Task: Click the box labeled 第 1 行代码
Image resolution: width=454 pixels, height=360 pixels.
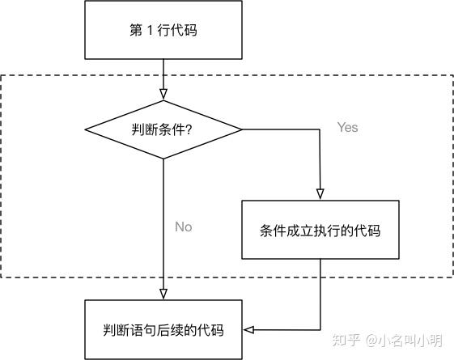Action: pyautogui.click(x=163, y=30)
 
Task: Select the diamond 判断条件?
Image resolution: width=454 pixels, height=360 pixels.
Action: pyautogui.click(x=163, y=129)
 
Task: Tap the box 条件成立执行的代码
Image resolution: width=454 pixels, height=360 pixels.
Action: pyautogui.click(x=320, y=230)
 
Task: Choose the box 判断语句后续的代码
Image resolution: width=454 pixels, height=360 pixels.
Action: pyautogui.click(x=163, y=329)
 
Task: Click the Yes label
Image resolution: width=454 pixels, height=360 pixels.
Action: pyautogui.click(x=347, y=127)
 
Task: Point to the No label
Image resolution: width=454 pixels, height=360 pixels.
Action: pyautogui.click(x=184, y=227)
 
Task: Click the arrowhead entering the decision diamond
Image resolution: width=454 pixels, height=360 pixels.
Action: pyautogui.click(x=163, y=95)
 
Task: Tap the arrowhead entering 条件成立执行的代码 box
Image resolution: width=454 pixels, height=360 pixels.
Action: pyautogui.click(x=320, y=194)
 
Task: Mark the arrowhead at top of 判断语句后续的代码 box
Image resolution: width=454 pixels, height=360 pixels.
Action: pyautogui.click(x=163, y=294)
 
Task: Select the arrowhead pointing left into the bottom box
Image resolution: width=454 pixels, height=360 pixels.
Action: pyautogui.click(x=248, y=329)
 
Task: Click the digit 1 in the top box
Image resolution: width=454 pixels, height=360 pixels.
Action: pyautogui.click(x=150, y=30)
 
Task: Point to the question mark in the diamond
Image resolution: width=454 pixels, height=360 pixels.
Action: pyautogui.click(x=189, y=130)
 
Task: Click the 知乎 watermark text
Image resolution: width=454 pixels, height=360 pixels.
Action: pyautogui.click(x=346, y=340)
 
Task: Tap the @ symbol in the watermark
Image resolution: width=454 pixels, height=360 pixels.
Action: pyautogui.click(x=371, y=341)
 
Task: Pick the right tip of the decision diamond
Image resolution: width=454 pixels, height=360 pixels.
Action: pyautogui.click(x=242, y=129)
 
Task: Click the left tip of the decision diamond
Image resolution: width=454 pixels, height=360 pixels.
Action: pyautogui.click(x=85, y=129)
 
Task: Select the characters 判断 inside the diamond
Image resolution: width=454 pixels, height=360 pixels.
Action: pyautogui.click(x=145, y=129)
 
